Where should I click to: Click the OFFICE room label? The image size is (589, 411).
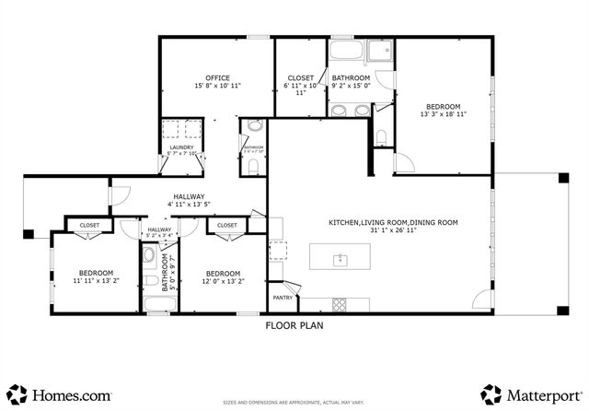(217, 77)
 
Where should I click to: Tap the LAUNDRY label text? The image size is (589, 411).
(181, 148)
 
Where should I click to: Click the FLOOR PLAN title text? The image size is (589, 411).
(294, 325)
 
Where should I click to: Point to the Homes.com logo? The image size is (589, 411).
(62, 394)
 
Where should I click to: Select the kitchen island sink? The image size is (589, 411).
(340, 259)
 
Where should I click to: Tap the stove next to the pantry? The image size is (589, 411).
(338, 304)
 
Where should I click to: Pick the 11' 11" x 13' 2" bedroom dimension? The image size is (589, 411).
(95, 282)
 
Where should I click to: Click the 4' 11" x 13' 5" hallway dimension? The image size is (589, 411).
(189, 205)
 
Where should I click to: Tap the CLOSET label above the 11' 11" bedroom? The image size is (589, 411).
(89, 225)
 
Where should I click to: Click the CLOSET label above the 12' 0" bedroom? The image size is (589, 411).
(226, 225)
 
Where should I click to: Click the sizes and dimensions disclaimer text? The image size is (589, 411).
(294, 404)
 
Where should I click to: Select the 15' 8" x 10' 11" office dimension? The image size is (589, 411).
(217, 86)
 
